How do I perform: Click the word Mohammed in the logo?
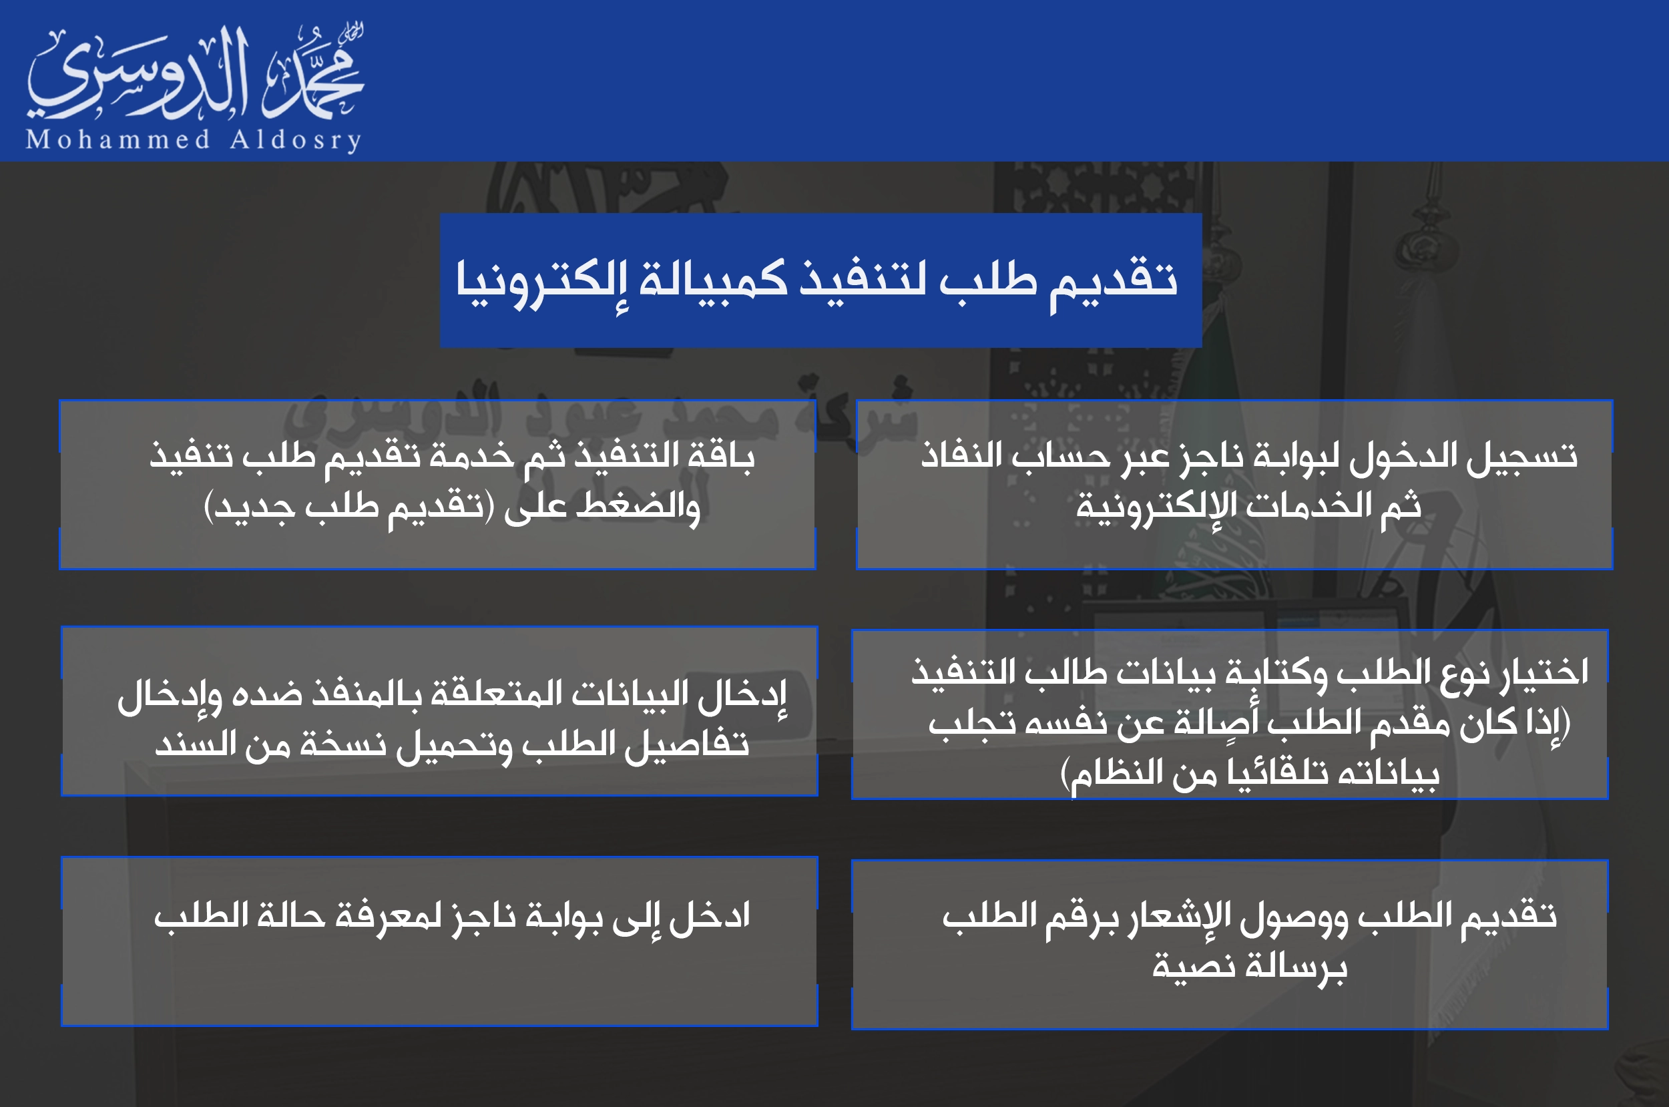(x=118, y=139)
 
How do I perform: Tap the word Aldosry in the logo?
(x=296, y=139)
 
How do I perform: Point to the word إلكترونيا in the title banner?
(x=541, y=281)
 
